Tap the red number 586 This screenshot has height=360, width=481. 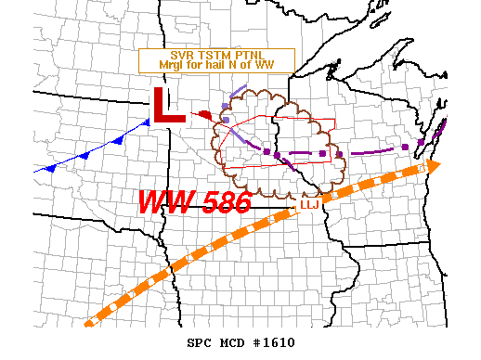coord(221,200)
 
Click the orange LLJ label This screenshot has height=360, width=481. coord(309,205)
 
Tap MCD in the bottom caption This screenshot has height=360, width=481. coord(236,342)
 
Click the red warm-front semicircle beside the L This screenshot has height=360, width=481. coord(205,115)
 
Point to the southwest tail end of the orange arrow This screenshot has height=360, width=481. coord(88,323)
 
